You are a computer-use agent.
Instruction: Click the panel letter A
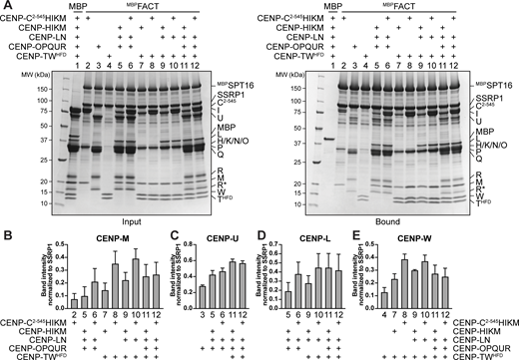(x=6, y=6)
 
